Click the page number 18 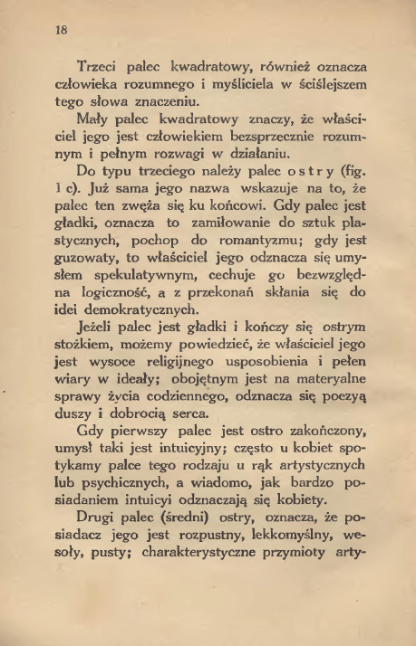point(61,29)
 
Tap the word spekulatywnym point(143,299)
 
